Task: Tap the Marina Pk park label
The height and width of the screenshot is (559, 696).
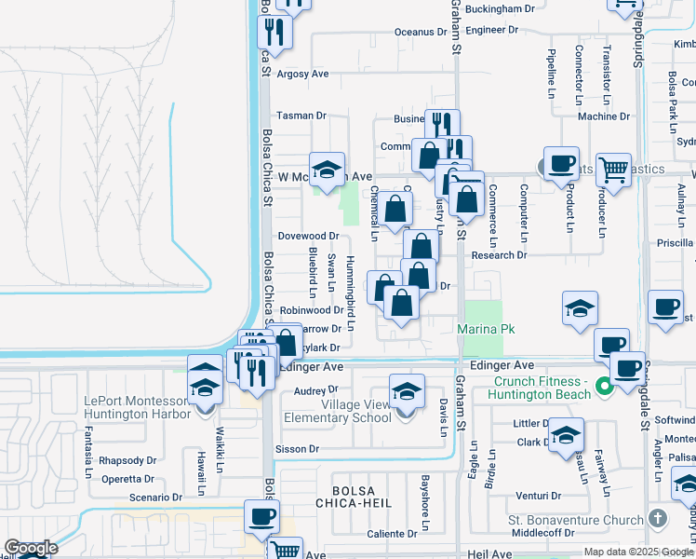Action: (x=486, y=329)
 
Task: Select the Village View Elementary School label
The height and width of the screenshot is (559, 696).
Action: (x=356, y=411)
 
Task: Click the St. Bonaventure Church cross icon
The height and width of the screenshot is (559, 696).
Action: (x=658, y=519)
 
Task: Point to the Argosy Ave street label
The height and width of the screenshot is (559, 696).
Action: (x=302, y=74)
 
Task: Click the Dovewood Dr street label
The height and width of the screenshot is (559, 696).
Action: (x=308, y=237)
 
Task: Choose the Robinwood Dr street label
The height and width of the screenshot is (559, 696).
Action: (x=312, y=310)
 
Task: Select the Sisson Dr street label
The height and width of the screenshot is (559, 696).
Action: (x=298, y=448)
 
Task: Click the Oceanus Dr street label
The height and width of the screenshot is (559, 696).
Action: (x=427, y=31)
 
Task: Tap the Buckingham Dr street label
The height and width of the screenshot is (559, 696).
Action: (x=502, y=9)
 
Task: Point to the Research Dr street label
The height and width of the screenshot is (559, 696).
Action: (x=499, y=255)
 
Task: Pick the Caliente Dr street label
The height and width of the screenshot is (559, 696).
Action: (x=392, y=534)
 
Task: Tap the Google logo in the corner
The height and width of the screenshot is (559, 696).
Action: (x=31, y=548)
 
